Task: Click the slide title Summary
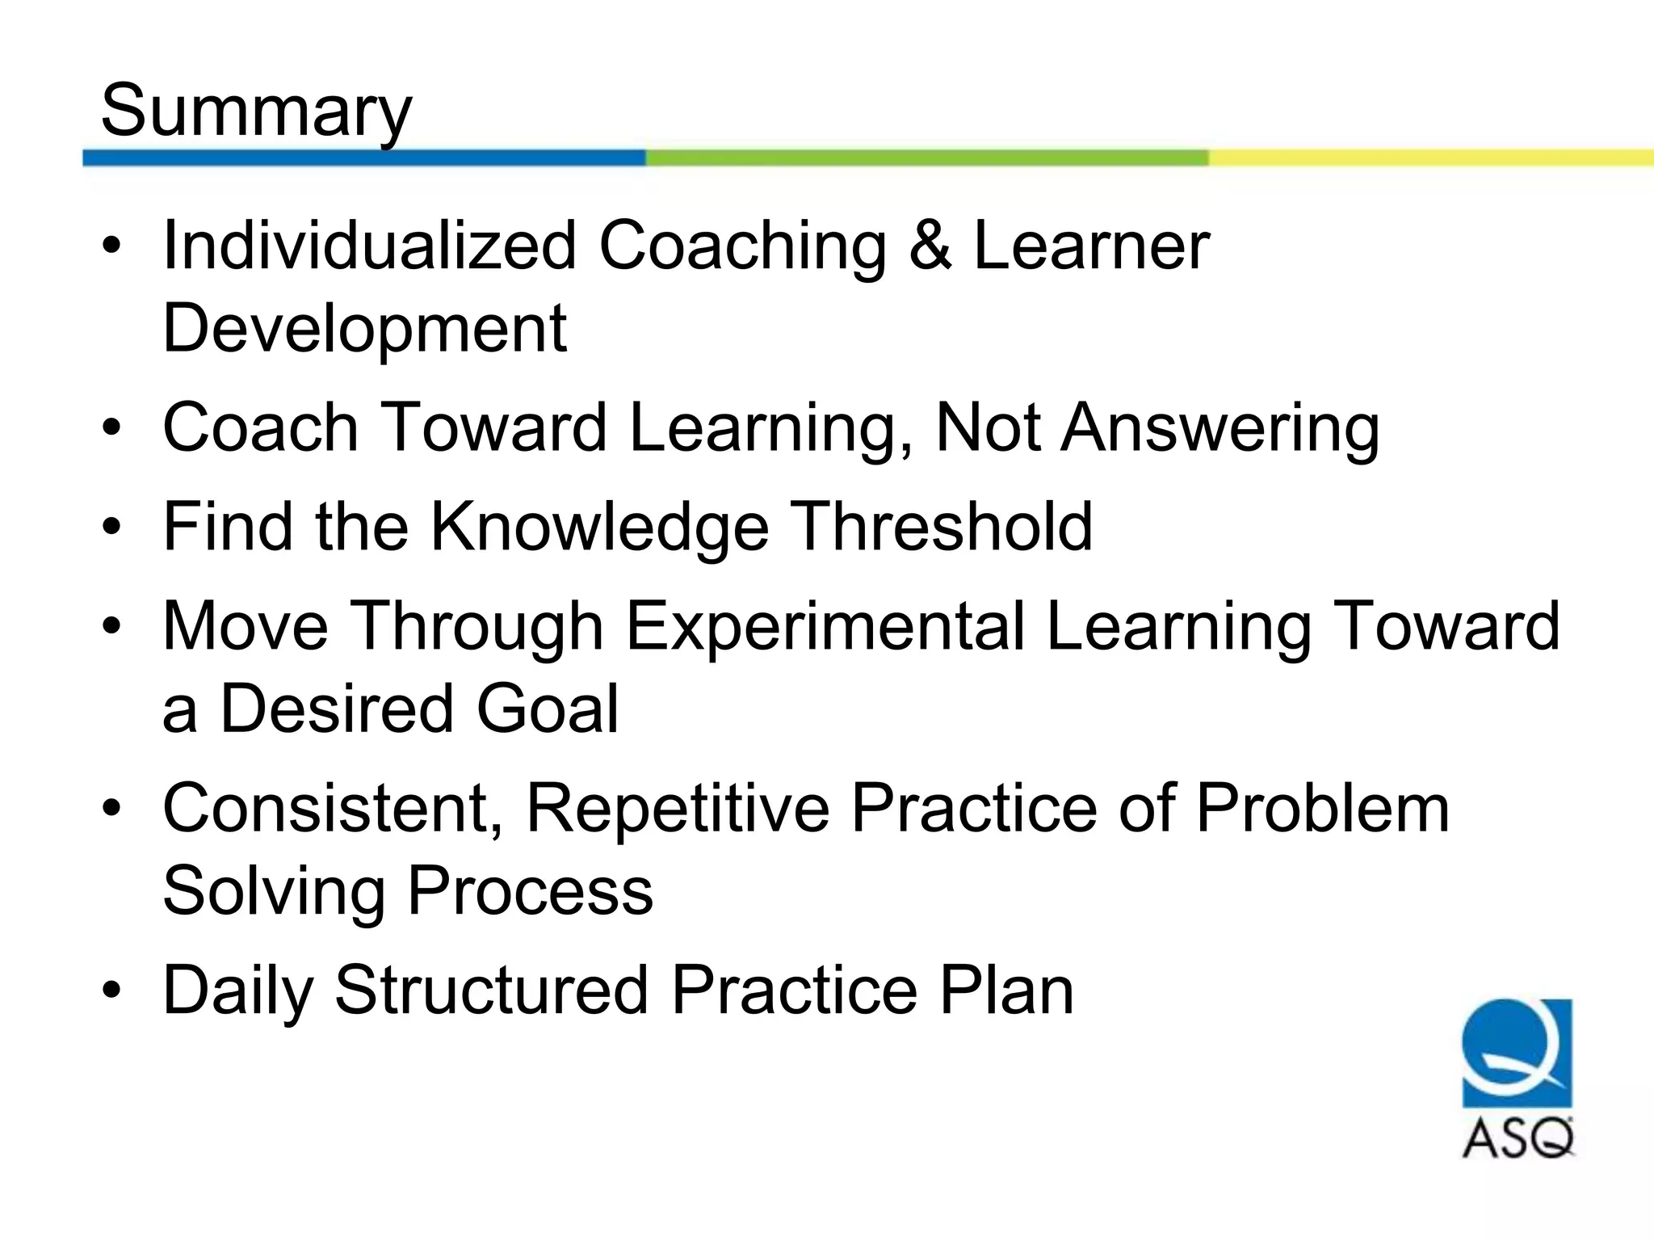(256, 111)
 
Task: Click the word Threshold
(940, 527)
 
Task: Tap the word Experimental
(825, 626)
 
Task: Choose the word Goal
(547, 709)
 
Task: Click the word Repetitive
(678, 808)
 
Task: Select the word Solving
(274, 892)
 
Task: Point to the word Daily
(237, 991)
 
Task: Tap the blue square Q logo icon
(1517, 1052)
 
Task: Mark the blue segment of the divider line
(363, 158)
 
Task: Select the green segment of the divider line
(926, 158)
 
